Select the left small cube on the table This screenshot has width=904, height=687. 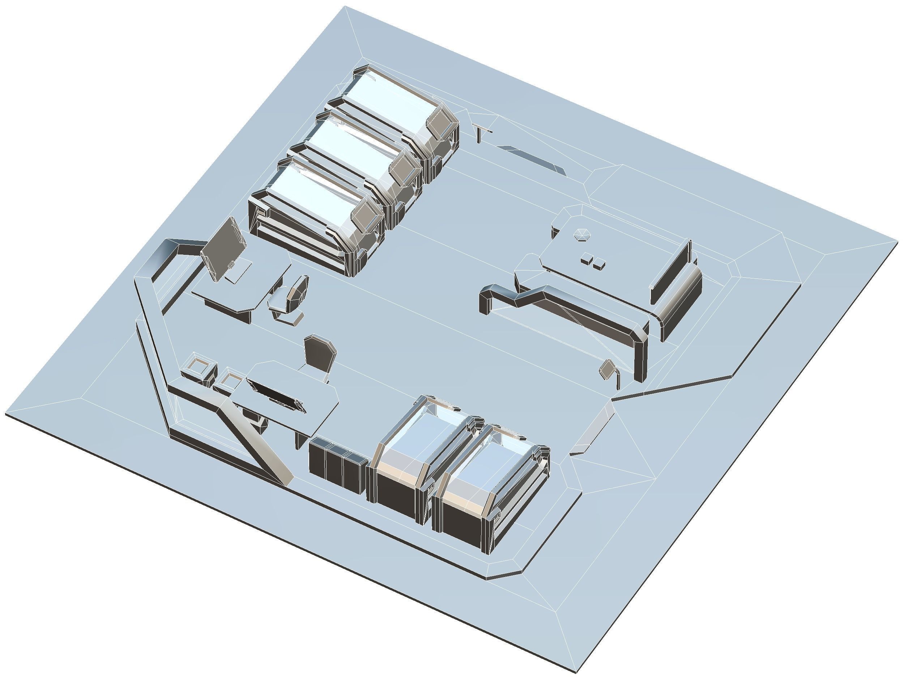586,259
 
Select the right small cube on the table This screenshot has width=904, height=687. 598,265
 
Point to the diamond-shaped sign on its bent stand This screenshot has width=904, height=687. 607,369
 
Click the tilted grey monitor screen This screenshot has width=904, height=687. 223,250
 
